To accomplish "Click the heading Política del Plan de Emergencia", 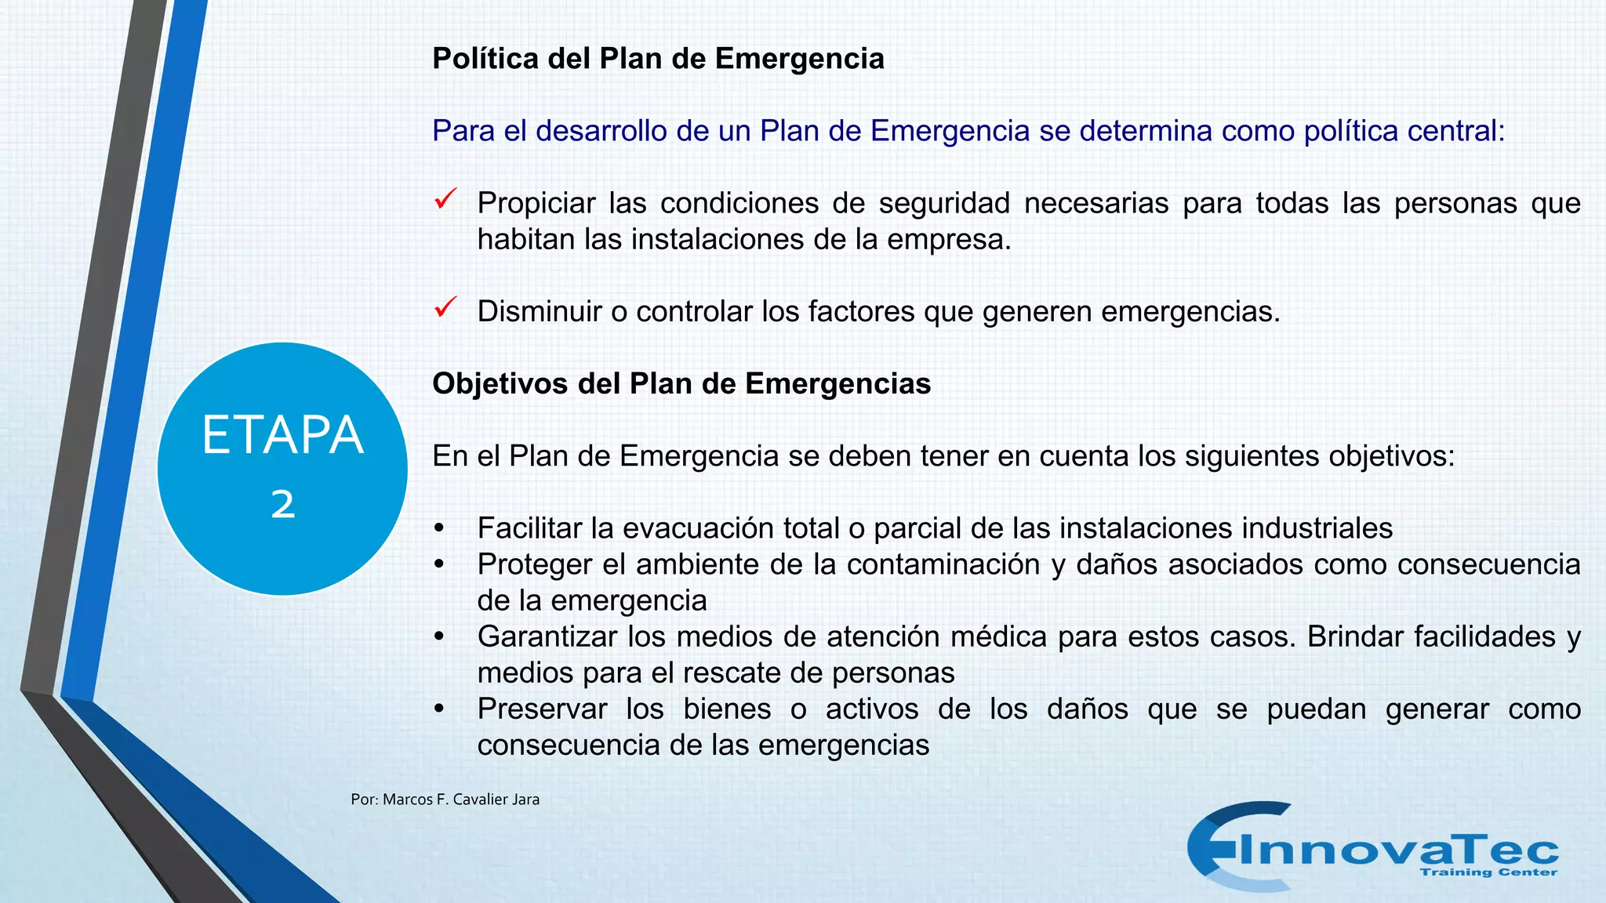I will [658, 59].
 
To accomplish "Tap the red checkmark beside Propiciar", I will [445, 199].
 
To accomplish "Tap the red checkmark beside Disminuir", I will [445, 307].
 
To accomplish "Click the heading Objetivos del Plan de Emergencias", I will [681, 384].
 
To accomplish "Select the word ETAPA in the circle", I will [282, 435].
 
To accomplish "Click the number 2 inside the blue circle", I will [283, 504].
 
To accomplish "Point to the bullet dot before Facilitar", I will [439, 528].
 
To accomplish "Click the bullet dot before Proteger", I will [439, 564].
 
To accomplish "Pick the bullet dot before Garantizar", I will [439, 636].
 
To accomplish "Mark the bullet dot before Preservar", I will [439, 709].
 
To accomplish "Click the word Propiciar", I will [536, 204].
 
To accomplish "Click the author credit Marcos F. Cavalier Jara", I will [445, 800].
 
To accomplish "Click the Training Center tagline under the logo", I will [1488, 872].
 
